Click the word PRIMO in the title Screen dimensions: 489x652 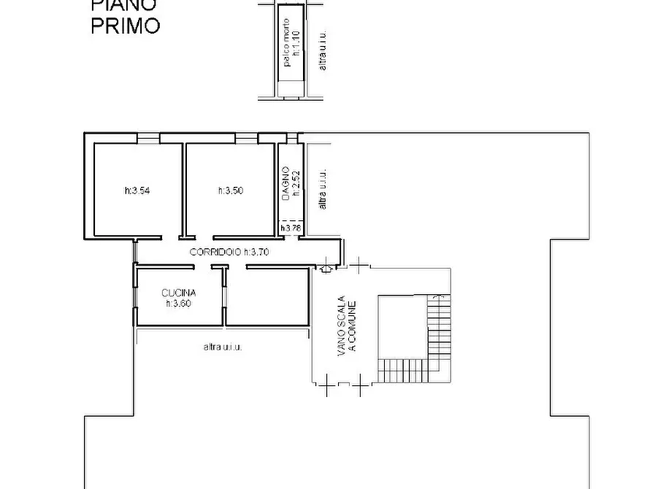point(125,26)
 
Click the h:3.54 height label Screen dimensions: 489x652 point(137,191)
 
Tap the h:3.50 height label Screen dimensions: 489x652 point(231,191)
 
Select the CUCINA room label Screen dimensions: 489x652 point(179,293)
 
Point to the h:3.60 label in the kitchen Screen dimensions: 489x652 point(179,304)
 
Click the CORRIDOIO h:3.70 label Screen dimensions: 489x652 point(230,252)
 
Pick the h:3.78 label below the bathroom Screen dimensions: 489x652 point(291,228)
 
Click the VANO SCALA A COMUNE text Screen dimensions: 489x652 point(345,328)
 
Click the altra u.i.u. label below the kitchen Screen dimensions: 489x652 point(223,347)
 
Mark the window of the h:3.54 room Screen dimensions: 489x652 point(148,137)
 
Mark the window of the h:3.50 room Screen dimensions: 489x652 point(246,137)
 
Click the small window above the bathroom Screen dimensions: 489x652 point(292,137)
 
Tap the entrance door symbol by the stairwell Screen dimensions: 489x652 point(326,268)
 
